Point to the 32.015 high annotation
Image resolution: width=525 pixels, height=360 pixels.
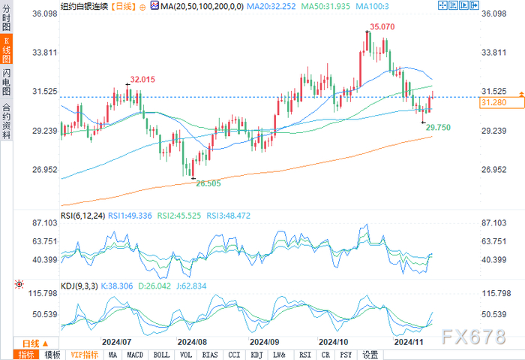click(x=142, y=79)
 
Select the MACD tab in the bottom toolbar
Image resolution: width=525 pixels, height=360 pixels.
click(x=136, y=355)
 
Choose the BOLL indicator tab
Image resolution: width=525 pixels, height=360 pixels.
click(x=161, y=355)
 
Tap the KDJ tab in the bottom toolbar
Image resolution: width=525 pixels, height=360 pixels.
click(x=256, y=355)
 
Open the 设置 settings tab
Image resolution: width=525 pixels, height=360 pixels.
click(x=370, y=355)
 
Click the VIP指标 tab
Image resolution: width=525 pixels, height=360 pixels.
click(x=84, y=355)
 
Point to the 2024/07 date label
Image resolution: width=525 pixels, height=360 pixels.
click(x=116, y=340)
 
